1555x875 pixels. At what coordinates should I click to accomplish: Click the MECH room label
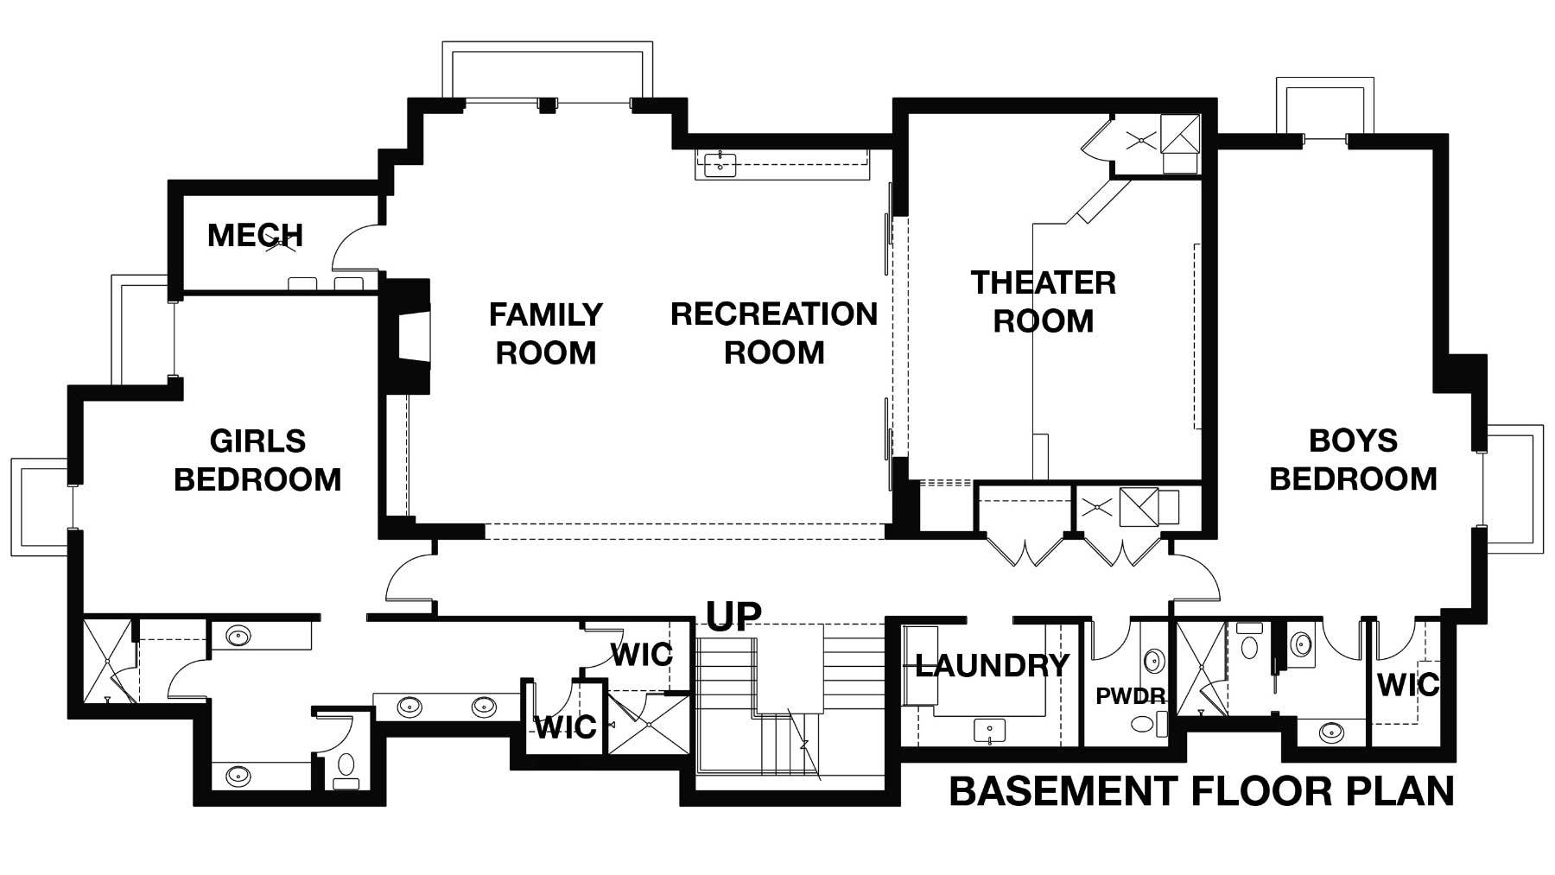click(255, 235)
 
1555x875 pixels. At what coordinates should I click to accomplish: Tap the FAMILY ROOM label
click(546, 333)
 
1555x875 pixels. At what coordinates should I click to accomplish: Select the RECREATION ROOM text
click(774, 333)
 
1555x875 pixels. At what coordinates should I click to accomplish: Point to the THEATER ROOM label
click(1044, 301)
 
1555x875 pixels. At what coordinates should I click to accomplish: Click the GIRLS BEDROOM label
click(257, 460)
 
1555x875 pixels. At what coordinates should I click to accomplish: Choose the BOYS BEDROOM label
click(1353, 460)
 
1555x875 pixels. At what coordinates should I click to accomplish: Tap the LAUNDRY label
click(992, 666)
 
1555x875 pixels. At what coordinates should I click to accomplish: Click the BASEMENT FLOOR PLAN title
click(1202, 791)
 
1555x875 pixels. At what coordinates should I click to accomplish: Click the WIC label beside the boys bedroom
click(1408, 685)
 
